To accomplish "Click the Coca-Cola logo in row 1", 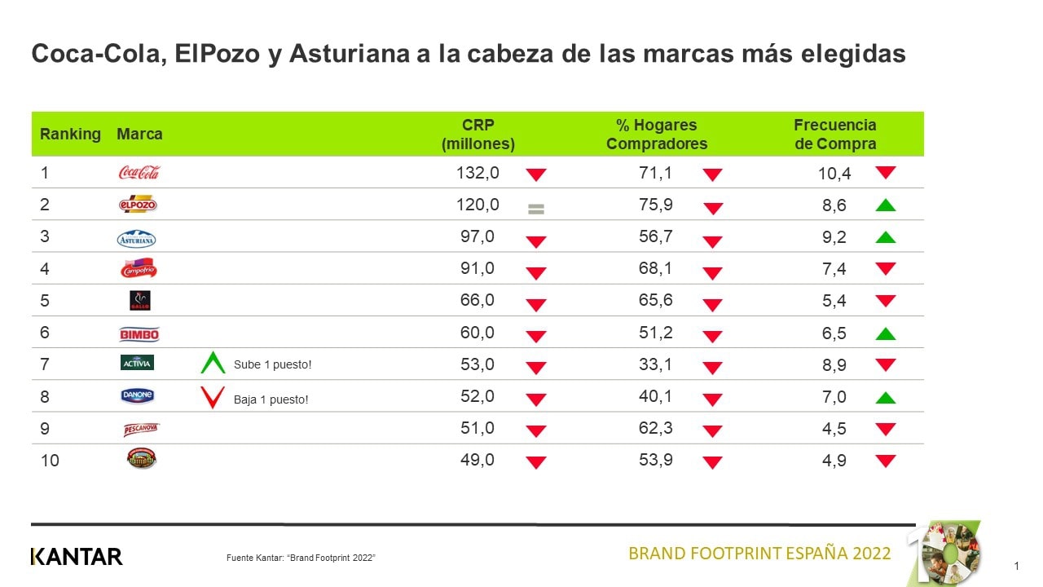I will pyautogui.click(x=139, y=172).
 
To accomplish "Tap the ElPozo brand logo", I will pyautogui.click(x=138, y=205).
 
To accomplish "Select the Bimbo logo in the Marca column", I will pyautogui.click(x=139, y=333).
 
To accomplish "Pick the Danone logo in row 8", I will pyautogui.click(x=137, y=396).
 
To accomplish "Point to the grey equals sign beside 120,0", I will pyautogui.click(x=535, y=209).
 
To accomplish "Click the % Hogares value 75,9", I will pyautogui.click(x=656, y=205).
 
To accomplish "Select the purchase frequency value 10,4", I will pyautogui.click(x=835, y=173).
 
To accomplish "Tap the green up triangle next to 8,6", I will pyautogui.click(x=885, y=205).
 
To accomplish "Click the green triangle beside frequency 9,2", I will pyautogui.click(x=885, y=237).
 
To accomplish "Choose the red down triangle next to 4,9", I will pyautogui.click(x=885, y=461).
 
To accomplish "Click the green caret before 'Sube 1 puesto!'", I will pyautogui.click(x=213, y=363).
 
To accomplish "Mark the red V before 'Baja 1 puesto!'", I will pyautogui.click(x=213, y=398).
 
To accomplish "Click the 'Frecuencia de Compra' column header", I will pyautogui.click(x=835, y=135).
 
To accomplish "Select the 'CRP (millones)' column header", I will pyautogui.click(x=478, y=135).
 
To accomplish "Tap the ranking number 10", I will pyautogui.click(x=50, y=461).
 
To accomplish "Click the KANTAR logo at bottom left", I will pyautogui.click(x=77, y=557).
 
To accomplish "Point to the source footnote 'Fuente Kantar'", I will pyautogui.click(x=301, y=558).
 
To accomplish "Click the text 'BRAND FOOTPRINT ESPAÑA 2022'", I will pyautogui.click(x=759, y=554).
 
